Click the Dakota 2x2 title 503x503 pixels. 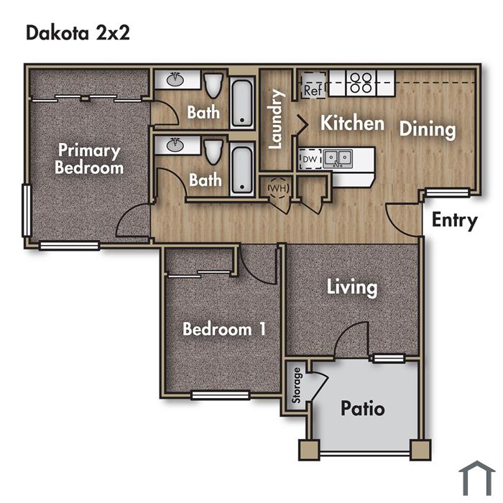click(x=78, y=33)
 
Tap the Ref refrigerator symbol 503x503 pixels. click(x=313, y=85)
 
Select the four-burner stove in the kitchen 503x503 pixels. click(x=361, y=83)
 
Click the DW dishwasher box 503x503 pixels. click(x=310, y=159)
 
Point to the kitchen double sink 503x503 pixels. click(x=338, y=158)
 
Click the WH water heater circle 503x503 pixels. click(x=279, y=188)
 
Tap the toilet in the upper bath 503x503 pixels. click(x=213, y=86)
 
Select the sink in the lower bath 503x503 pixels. click(x=175, y=144)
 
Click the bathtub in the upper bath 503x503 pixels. click(x=242, y=103)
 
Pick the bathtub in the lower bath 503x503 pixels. click(x=242, y=170)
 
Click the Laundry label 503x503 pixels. click(x=275, y=119)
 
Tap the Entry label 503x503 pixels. click(x=455, y=221)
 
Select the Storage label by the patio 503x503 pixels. click(x=296, y=385)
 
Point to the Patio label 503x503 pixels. click(x=362, y=408)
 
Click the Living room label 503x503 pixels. click(x=352, y=287)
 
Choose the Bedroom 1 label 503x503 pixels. click(x=224, y=329)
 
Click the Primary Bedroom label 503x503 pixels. click(x=89, y=159)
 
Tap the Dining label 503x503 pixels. click(x=428, y=129)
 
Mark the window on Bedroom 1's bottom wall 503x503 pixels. click(x=221, y=395)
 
